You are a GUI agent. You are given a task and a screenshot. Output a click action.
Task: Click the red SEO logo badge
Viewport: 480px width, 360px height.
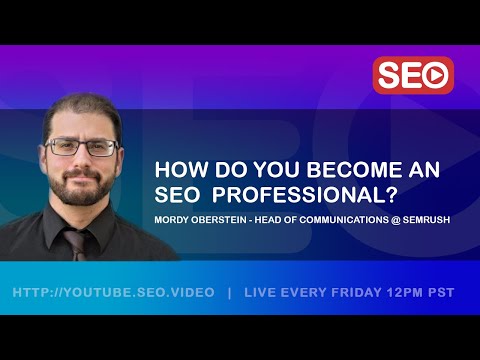(x=413, y=75)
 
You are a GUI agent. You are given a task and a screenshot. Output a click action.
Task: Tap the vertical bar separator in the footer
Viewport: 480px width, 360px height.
(x=229, y=293)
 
